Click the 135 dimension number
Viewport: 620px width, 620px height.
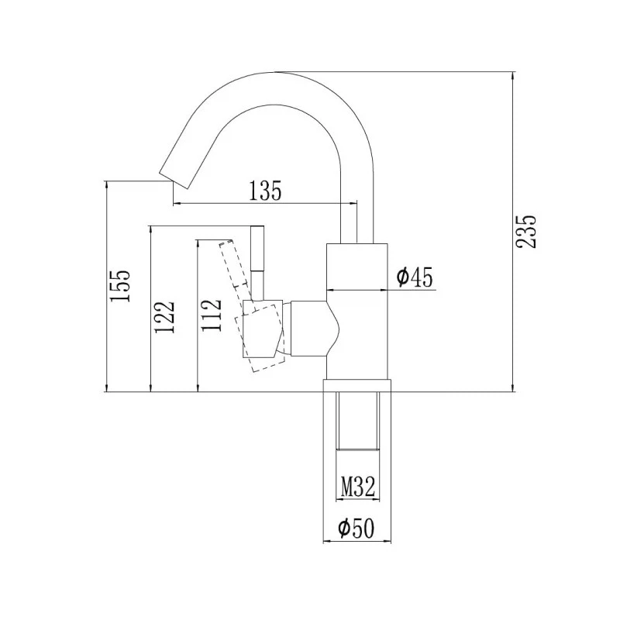264,190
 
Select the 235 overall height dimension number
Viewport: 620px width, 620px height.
527,231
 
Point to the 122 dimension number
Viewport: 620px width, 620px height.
164,317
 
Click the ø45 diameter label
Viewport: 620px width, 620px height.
414,277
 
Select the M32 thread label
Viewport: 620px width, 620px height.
358,487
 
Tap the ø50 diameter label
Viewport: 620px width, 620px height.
356,529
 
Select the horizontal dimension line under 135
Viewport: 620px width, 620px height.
264,204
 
